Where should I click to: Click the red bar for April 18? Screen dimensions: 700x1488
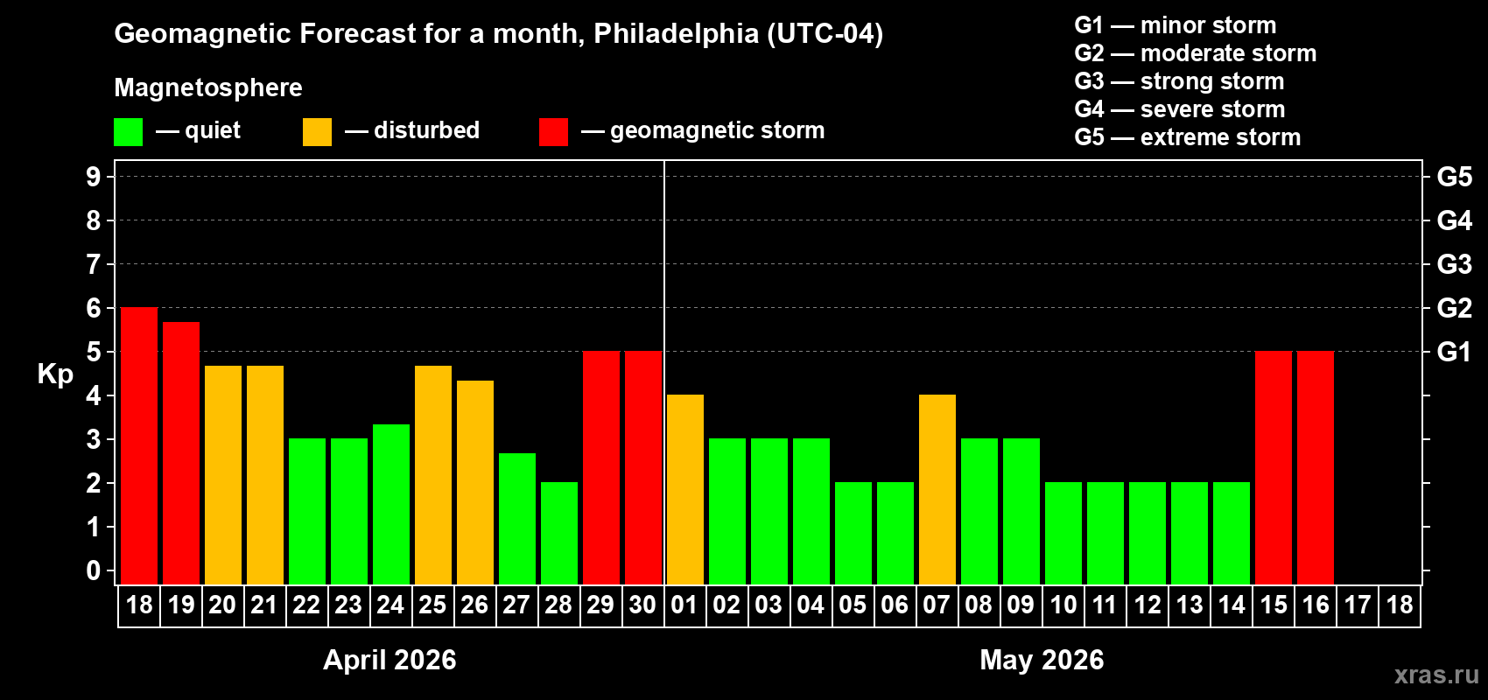(139, 445)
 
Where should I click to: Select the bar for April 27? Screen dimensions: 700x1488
(517, 518)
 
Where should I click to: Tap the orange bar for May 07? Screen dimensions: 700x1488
(937, 489)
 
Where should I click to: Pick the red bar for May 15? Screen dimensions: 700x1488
(1274, 467)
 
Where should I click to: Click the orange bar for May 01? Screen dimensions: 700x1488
(685, 489)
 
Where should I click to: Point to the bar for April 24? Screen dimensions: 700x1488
(391, 504)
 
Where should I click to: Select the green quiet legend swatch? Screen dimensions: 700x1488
(128, 132)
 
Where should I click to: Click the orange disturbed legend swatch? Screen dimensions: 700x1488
(317, 132)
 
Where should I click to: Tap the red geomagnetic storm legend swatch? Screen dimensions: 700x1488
(553, 132)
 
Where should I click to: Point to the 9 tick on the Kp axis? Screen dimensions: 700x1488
(94, 177)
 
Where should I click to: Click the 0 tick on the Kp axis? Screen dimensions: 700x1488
(94, 571)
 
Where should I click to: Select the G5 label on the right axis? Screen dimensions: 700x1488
(1454, 177)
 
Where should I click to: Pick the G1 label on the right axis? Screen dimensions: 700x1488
(1454, 352)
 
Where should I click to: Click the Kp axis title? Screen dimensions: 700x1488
(55, 374)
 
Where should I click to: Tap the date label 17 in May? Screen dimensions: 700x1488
(1358, 605)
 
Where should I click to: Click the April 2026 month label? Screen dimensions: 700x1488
(390, 660)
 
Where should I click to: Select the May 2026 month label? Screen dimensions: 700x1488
(1042, 660)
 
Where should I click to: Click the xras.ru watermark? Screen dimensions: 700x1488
(1436, 675)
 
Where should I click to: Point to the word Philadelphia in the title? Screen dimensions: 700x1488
(676, 34)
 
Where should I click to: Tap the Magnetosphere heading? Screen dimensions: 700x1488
(208, 87)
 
